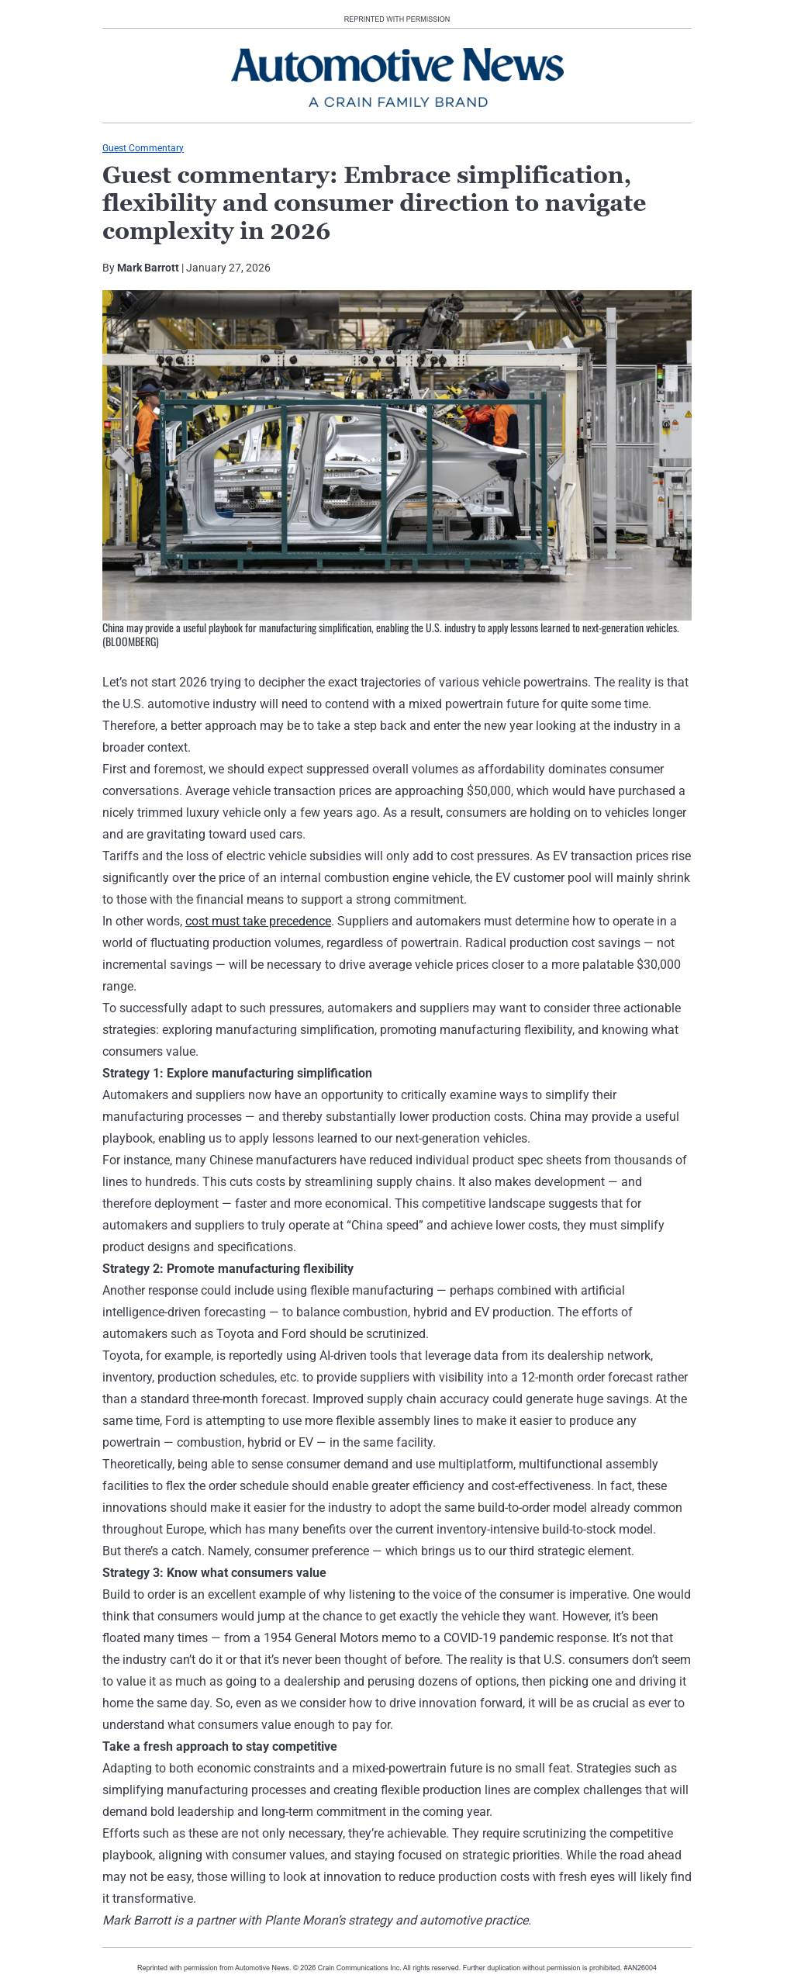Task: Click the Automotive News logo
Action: (397, 66)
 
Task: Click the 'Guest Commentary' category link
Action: (143, 148)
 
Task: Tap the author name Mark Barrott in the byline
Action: (147, 268)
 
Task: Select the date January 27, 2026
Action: (228, 268)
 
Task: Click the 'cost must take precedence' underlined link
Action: (258, 921)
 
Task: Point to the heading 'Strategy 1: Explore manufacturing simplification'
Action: (236, 1073)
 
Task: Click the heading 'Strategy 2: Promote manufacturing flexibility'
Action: (227, 1268)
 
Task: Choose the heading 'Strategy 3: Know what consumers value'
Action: (214, 1572)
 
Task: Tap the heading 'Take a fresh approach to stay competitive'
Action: (219, 1746)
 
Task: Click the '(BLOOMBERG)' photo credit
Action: (130, 642)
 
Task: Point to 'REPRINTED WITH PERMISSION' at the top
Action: (396, 19)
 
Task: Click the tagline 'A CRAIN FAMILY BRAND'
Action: (397, 102)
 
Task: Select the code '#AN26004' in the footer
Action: (640, 1968)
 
